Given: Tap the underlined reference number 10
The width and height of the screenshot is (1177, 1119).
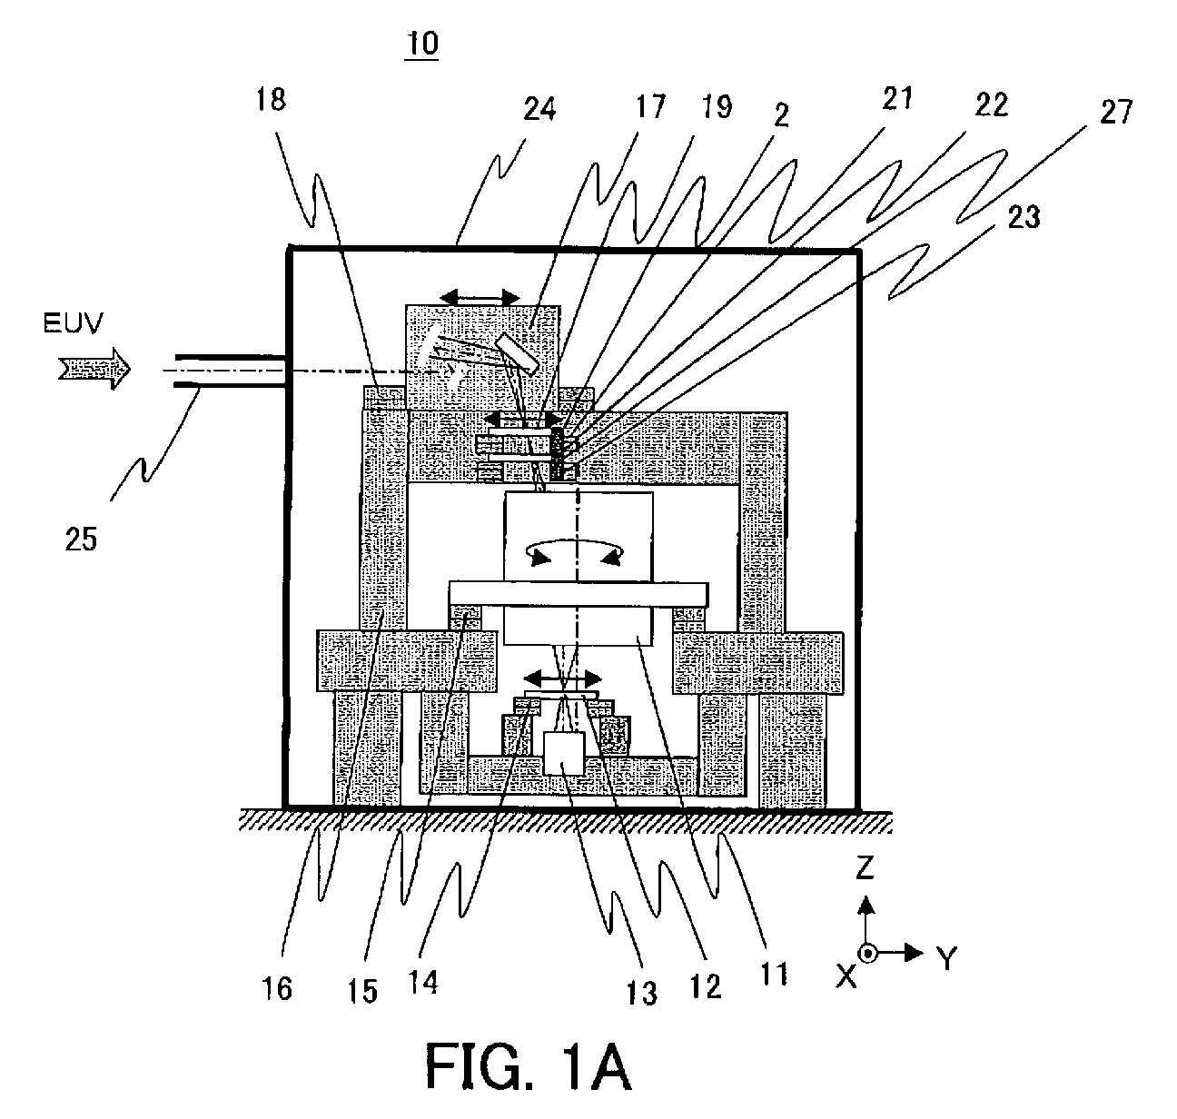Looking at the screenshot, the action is tap(422, 45).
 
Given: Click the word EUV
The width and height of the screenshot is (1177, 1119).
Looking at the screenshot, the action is tap(74, 323).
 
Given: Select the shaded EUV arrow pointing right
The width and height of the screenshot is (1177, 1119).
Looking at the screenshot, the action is tap(94, 369).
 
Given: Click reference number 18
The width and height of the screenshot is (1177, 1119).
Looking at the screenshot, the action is tap(271, 99).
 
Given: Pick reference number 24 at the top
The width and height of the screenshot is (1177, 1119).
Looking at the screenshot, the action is tap(539, 110).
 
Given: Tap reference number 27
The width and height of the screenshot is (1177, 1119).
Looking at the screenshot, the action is tap(1116, 113).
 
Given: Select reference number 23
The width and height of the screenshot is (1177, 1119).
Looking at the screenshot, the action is tap(1024, 217).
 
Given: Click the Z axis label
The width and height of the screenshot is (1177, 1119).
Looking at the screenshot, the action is tap(865, 866).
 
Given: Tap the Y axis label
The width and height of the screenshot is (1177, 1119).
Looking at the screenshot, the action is tap(946, 958).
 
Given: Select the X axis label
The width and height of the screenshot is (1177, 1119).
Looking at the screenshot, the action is tap(846, 977).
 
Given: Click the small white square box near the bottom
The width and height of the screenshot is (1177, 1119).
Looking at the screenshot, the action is tap(564, 754).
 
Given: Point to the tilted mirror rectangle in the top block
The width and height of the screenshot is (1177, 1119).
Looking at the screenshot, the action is tap(518, 354).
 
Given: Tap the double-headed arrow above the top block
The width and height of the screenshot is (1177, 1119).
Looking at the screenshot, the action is tap(480, 298).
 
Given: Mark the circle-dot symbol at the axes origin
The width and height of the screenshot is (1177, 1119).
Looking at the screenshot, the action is tap(867, 954).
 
